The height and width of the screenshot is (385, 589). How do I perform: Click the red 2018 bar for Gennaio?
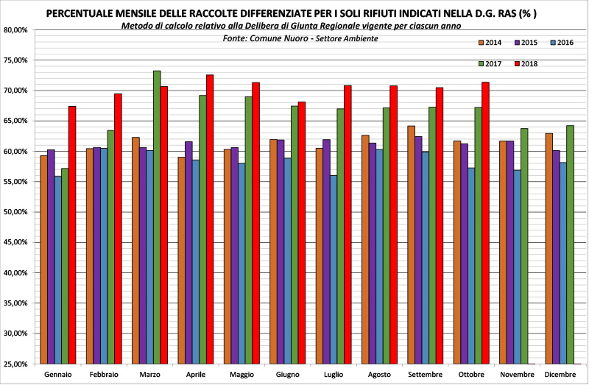click(72, 236)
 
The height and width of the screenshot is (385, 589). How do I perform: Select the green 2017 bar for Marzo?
click(157, 217)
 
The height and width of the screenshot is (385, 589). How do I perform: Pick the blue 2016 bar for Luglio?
click(334, 269)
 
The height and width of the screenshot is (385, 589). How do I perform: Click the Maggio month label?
click(241, 375)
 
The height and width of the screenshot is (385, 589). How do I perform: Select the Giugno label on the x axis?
click(287, 375)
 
